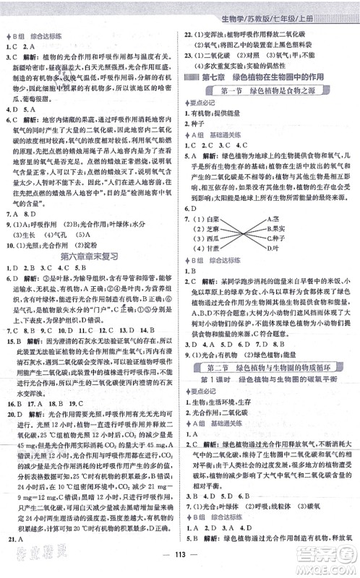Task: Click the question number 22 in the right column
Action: coord(189,33)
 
